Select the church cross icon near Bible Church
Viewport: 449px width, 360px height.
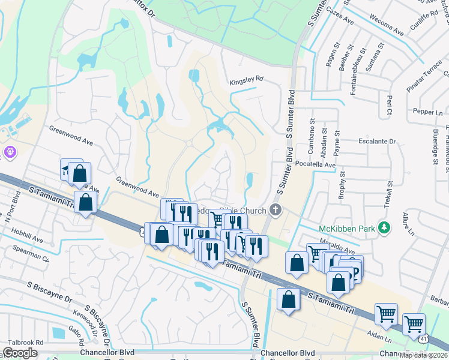click(x=276, y=209)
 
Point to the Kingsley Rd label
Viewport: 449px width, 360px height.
click(x=246, y=79)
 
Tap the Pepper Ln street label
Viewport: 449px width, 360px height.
click(x=427, y=112)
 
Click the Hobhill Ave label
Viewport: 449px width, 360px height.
click(x=27, y=239)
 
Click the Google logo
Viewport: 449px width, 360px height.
click(x=20, y=353)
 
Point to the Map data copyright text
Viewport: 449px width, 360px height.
click(x=424, y=355)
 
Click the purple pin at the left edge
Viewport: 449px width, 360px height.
click(x=8, y=152)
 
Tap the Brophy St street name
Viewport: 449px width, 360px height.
click(x=342, y=187)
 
